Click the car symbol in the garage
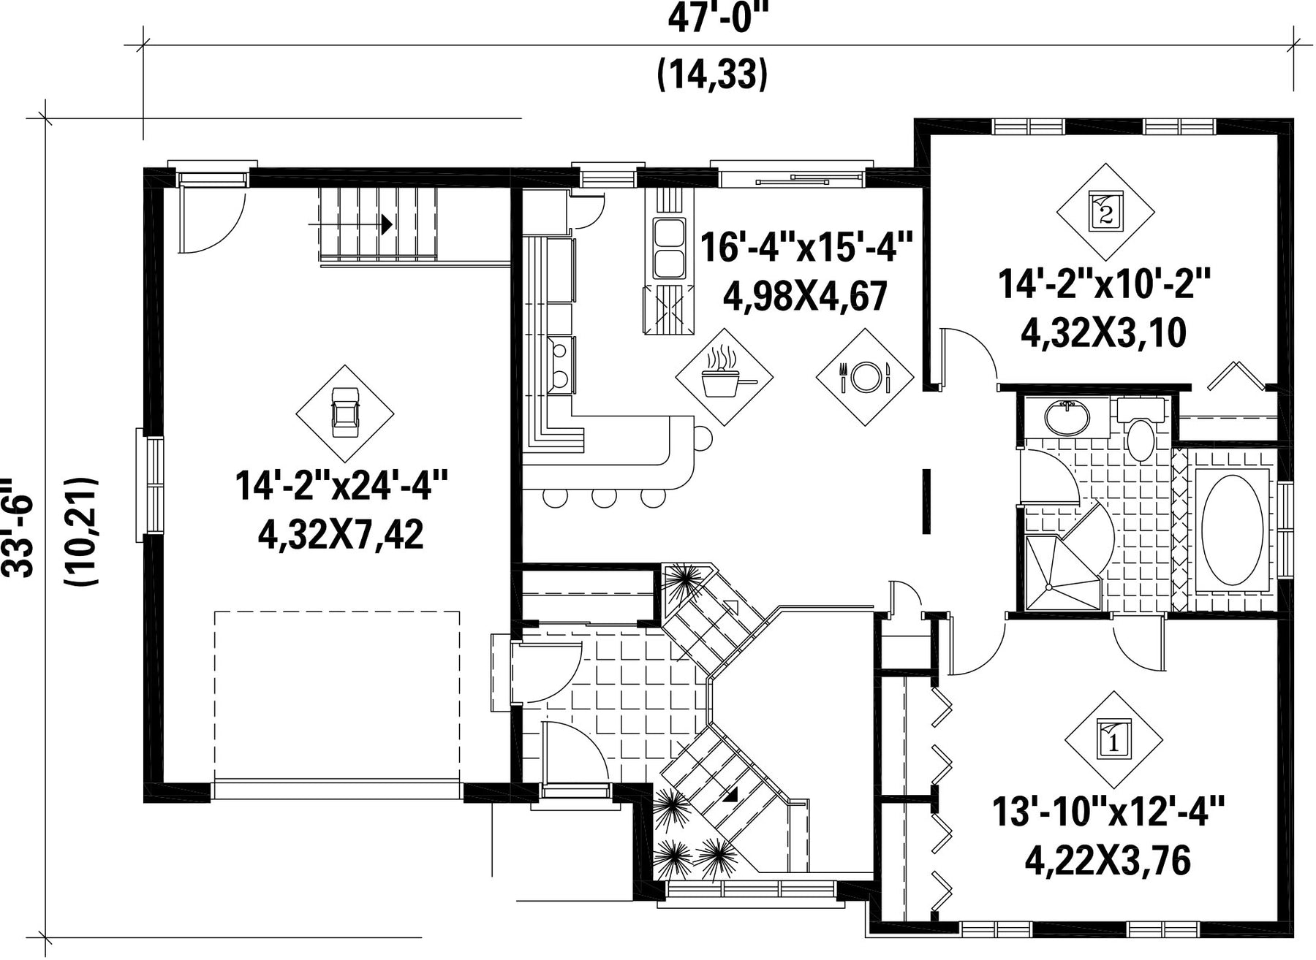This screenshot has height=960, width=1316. tap(344, 414)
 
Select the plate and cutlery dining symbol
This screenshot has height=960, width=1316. tap(865, 377)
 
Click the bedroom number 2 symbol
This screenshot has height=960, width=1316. tap(1105, 212)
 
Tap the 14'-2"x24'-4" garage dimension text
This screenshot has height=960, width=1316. tap(341, 485)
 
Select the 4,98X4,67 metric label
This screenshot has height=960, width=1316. tap(805, 296)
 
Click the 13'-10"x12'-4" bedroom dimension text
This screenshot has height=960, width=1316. tap(1108, 812)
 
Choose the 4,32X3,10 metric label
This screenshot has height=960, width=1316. tap(1103, 333)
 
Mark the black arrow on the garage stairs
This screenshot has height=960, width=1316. tap(386, 224)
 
